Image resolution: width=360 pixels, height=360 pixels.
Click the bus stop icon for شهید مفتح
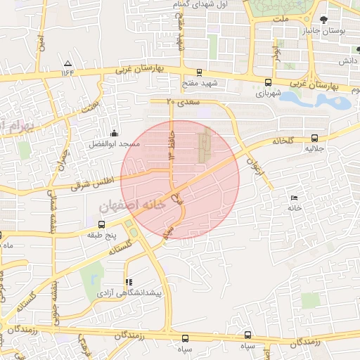pos(200,72)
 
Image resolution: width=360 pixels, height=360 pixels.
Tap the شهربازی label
pos(268,92)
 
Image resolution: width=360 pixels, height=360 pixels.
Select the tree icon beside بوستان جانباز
pos(323,21)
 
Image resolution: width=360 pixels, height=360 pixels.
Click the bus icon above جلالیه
pos(314,139)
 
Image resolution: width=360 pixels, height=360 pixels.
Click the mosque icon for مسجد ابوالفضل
pos(114,133)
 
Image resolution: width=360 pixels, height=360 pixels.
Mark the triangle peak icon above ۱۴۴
pos(67,63)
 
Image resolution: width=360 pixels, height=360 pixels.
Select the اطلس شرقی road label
pos(87,183)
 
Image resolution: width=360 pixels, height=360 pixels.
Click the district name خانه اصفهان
pos(131,206)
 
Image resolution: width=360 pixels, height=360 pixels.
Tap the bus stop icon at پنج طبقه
pos(102,224)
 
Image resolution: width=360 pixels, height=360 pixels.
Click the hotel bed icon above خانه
pos(294,198)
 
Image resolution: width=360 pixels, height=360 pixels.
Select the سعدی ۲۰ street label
pos(184,102)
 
